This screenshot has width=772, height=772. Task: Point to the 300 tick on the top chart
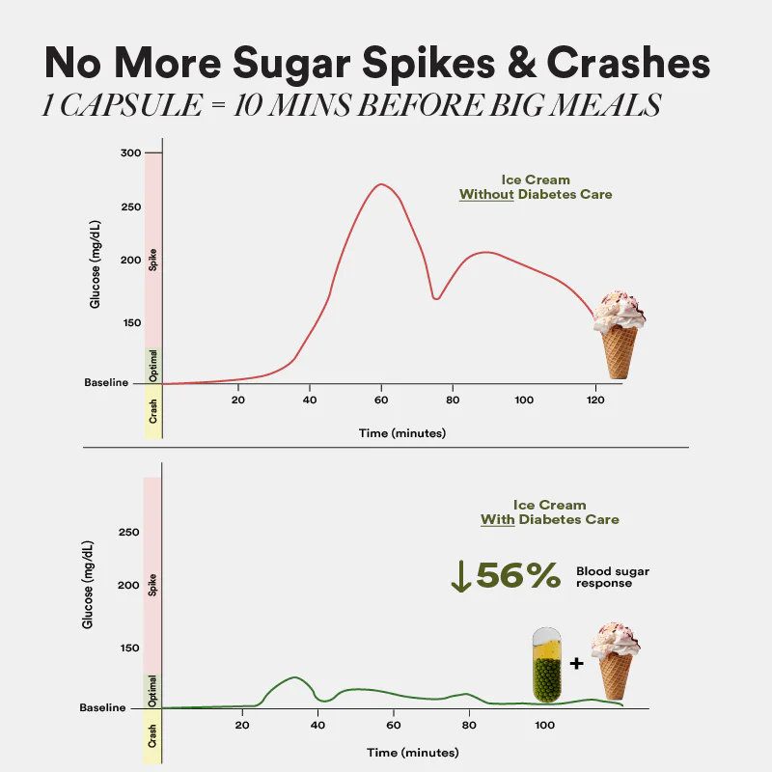click(130, 153)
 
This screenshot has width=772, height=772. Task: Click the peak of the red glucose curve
click(382, 184)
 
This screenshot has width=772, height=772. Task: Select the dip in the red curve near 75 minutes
click(436, 298)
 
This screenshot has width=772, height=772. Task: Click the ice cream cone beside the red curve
click(618, 339)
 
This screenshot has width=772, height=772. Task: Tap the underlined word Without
click(488, 194)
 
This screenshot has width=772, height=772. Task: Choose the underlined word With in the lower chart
click(497, 519)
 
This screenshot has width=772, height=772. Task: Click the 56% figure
click(518, 575)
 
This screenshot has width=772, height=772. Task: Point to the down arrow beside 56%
click(461, 575)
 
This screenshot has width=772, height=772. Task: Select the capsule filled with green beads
click(547, 665)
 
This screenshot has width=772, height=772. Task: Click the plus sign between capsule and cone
click(576, 663)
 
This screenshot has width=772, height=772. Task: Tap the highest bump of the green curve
click(294, 677)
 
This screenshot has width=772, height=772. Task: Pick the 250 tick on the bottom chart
click(128, 533)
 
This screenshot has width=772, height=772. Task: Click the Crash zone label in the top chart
click(152, 412)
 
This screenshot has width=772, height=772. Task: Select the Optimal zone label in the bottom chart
click(152, 691)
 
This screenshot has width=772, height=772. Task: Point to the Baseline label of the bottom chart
click(102, 707)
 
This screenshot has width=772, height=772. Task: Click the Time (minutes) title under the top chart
click(402, 433)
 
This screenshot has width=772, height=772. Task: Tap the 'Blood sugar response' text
click(612, 577)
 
